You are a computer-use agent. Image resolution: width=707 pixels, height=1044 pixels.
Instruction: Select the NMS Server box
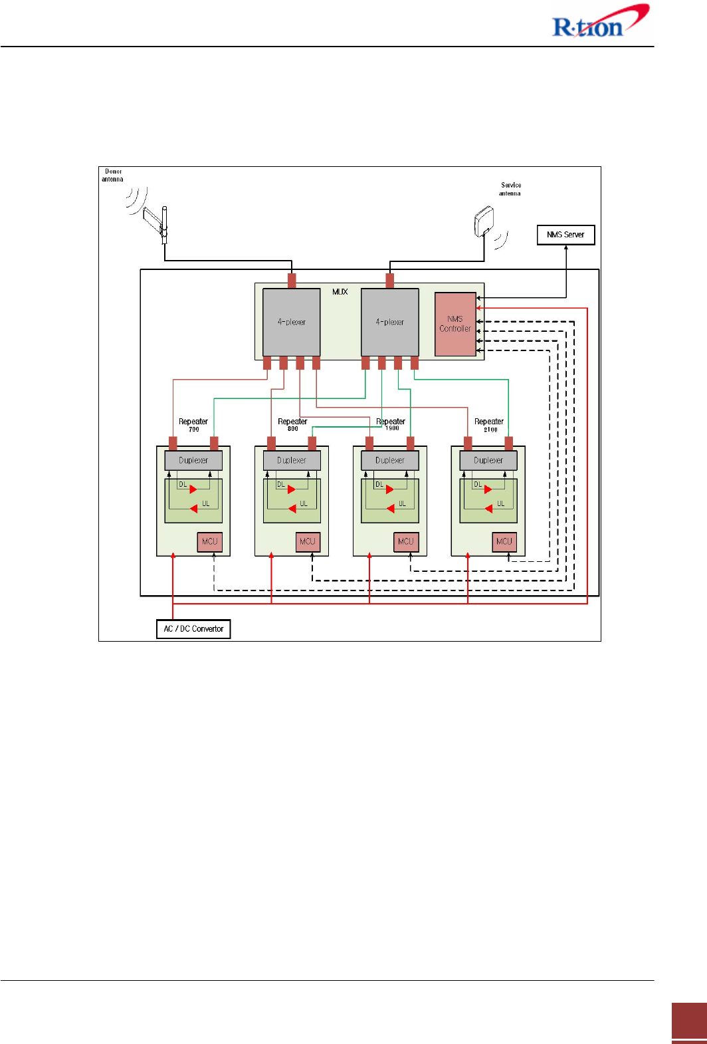[565, 235]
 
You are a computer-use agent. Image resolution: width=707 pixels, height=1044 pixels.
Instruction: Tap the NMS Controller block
[455, 324]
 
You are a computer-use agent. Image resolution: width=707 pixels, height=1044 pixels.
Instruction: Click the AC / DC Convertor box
[193, 628]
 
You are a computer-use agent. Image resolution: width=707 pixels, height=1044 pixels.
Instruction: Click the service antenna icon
[485, 222]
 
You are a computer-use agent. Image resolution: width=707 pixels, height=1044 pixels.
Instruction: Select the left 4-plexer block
[292, 322]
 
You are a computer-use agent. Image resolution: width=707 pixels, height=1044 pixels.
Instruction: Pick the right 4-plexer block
[390, 322]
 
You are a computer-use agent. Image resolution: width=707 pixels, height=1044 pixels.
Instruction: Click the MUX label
[340, 292]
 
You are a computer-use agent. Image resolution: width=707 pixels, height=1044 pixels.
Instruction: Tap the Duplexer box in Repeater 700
[193, 460]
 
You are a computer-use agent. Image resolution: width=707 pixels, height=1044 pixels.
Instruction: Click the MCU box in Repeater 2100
[504, 541]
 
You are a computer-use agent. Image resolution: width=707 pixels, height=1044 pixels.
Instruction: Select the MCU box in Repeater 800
[308, 541]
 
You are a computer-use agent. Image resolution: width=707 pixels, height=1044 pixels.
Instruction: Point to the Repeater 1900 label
[391, 424]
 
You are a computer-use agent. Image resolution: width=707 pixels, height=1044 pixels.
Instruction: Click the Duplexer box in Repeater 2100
[488, 460]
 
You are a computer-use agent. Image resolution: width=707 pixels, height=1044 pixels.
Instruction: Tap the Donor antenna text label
[113, 176]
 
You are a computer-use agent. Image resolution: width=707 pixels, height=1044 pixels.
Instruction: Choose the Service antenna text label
[510, 190]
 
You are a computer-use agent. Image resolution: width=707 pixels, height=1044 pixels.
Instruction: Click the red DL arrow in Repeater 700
[193, 489]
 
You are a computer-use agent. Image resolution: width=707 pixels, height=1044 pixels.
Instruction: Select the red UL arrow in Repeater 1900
[391, 509]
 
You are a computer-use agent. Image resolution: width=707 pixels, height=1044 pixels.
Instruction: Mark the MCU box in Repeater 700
[209, 541]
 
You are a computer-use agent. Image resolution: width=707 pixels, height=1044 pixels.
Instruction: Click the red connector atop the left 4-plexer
[292, 280]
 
